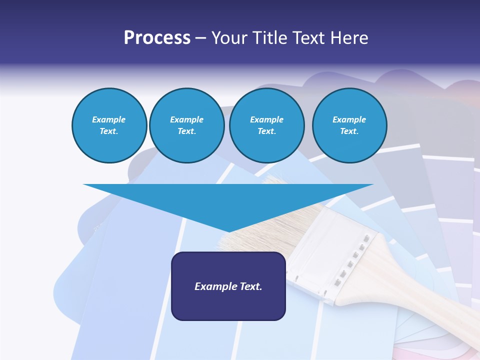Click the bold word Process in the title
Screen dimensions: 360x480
click(157, 38)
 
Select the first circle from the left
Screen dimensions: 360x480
click(109, 125)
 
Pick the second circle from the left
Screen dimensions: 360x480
click(186, 125)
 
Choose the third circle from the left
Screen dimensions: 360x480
click(266, 125)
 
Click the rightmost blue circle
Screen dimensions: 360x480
click(349, 125)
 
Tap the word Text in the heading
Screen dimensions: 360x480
click(306, 38)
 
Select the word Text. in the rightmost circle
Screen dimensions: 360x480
click(349, 131)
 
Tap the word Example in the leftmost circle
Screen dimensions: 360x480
click(109, 119)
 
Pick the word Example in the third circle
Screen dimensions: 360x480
click(266, 119)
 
